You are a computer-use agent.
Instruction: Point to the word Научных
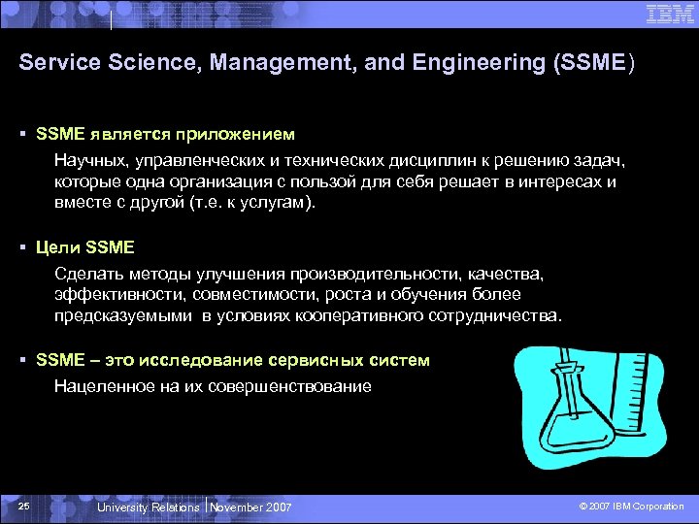(x=84, y=158)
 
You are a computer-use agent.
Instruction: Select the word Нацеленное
(x=99, y=385)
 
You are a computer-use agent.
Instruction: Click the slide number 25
(x=25, y=507)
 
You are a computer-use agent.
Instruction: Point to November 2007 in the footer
(x=251, y=508)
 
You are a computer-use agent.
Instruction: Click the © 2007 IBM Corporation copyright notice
(x=631, y=508)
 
